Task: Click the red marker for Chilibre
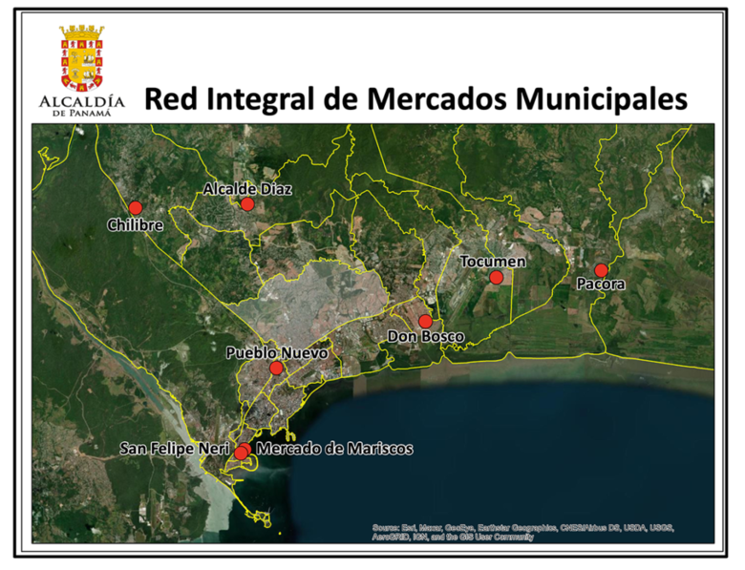135,207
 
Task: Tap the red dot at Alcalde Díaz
246,203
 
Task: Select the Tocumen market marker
496,277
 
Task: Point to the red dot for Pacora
601,270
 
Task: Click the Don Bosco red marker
425,321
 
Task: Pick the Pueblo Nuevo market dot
276,368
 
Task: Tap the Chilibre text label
136,226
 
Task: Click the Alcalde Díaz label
247,189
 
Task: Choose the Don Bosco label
426,337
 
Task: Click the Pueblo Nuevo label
277,352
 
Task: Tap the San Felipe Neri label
174,447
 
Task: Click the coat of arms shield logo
82,57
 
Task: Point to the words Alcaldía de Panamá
82,105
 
